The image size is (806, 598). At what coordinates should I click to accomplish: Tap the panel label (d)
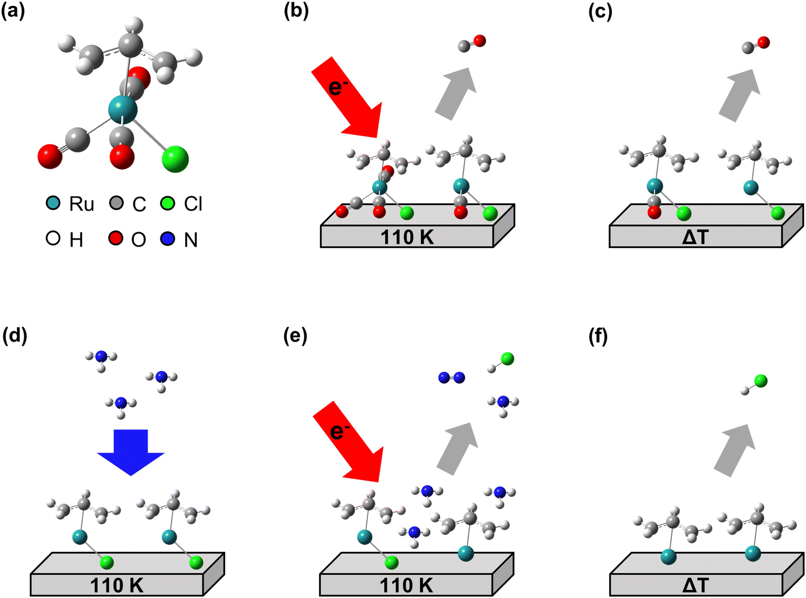[14, 336]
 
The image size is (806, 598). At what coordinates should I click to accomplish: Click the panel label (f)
[598, 336]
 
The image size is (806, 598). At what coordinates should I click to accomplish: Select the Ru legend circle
[53, 203]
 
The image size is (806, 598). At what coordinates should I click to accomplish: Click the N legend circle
[167, 239]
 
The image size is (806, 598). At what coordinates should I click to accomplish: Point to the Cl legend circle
[167, 203]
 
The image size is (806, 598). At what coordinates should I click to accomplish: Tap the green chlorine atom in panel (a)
[175, 159]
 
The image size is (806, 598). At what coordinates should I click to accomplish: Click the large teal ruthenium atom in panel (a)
[123, 110]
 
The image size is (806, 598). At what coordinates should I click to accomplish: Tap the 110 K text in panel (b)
[407, 237]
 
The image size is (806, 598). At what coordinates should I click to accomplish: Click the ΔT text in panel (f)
[695, 586]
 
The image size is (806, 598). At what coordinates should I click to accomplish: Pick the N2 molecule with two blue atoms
[451, 377]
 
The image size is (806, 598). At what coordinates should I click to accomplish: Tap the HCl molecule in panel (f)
[755, 384]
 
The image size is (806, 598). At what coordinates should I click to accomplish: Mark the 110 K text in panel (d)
[117, 586]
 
